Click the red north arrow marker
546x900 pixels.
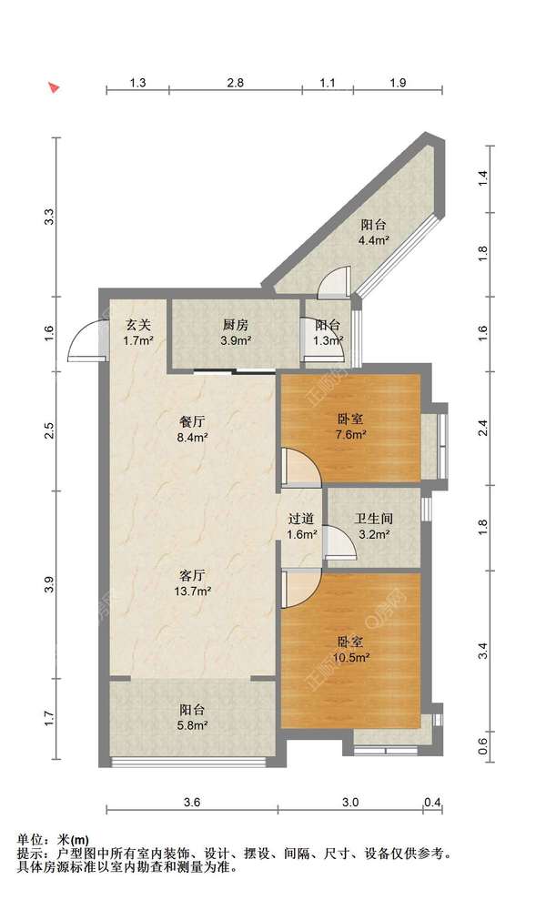(x=54, y=88)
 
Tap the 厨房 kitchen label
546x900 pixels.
(x=236, y=325)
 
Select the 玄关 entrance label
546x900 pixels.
(x=137, y=325)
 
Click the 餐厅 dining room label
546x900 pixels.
(x=192, y=422)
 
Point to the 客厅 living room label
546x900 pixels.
(x=192, y=575)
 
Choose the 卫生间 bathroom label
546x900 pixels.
(x=373, y=519)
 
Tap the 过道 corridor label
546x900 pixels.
(x=301, y=519)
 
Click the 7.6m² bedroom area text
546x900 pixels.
(x=350, y=434)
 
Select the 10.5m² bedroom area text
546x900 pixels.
(x=350, y=657)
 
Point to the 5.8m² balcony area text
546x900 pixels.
(x=192, y=725)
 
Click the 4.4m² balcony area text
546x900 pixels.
(x=374, y=240)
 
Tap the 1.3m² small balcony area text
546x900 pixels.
(x=328, y=340)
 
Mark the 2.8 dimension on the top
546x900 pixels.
(x=236, y=83)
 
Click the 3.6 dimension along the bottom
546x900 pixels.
(x=192, y=803)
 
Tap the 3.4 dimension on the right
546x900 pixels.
(x=483, y=651)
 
